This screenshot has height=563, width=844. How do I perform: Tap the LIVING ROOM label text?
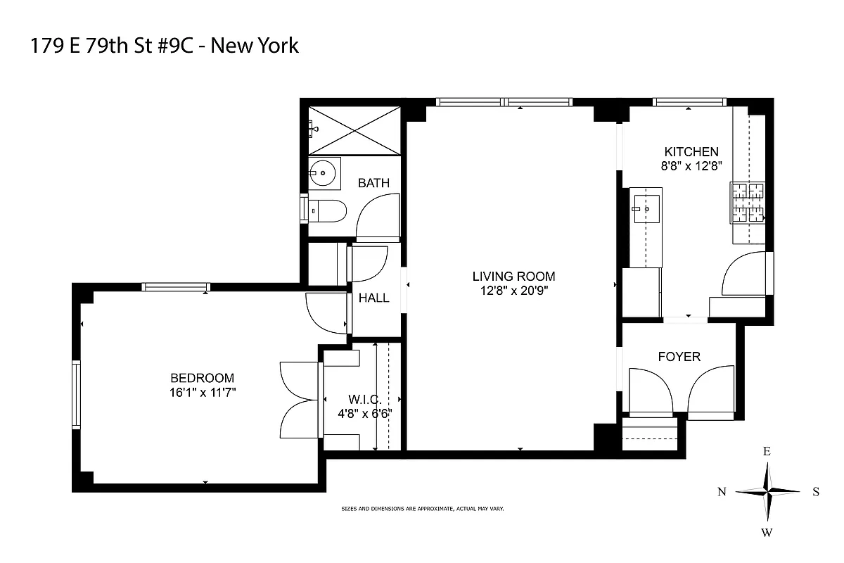tap(513, 276)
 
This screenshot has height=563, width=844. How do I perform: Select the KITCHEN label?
tap(692, 151)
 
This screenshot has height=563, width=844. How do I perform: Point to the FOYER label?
tap(679, 357)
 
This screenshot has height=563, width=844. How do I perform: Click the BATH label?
tap(373, 183)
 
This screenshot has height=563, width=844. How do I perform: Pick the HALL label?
tap(373, 298)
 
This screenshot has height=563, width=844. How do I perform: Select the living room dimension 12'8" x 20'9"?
tap(513, 290)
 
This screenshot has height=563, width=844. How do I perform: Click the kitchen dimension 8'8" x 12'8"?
tap(692, 166)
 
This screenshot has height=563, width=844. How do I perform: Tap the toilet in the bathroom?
tap(328, 210)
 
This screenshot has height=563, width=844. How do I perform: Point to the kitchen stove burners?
tap(748, 203)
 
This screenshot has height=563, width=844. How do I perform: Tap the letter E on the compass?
tap(767, 453)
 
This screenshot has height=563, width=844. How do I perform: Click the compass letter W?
tap(767, 532)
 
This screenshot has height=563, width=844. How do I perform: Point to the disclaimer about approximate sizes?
tap(422, 508)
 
